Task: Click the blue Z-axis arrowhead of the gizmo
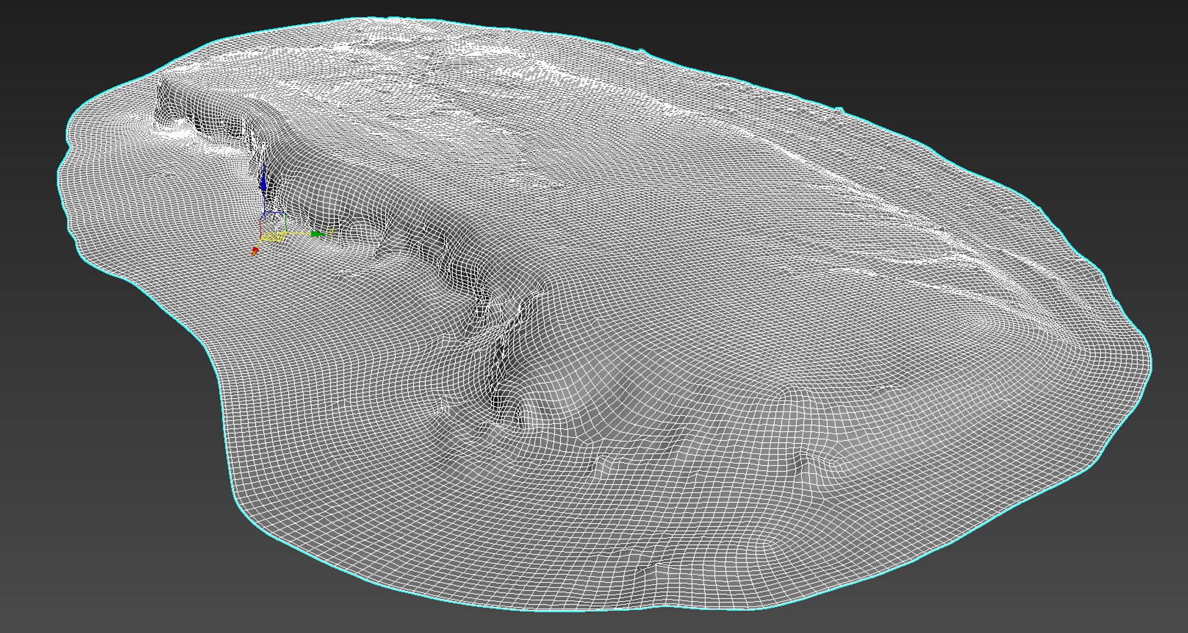(x=264, y=183)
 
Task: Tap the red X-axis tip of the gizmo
(x=256, y=250)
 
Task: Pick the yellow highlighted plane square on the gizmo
(x=273, y=237)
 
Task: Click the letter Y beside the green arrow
(x=331, y=232)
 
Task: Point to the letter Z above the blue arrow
(x=265, y=167)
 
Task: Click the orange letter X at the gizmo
(x=254, y=253)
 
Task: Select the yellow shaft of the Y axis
(x=298, y=234)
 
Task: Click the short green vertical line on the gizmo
(x=286, y=222)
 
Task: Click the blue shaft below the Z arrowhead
(x=264, y=201)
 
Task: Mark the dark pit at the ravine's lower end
(x=517, y=421)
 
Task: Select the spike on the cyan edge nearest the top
(x=642, y=51)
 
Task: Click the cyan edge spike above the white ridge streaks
(x=840, y=110)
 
